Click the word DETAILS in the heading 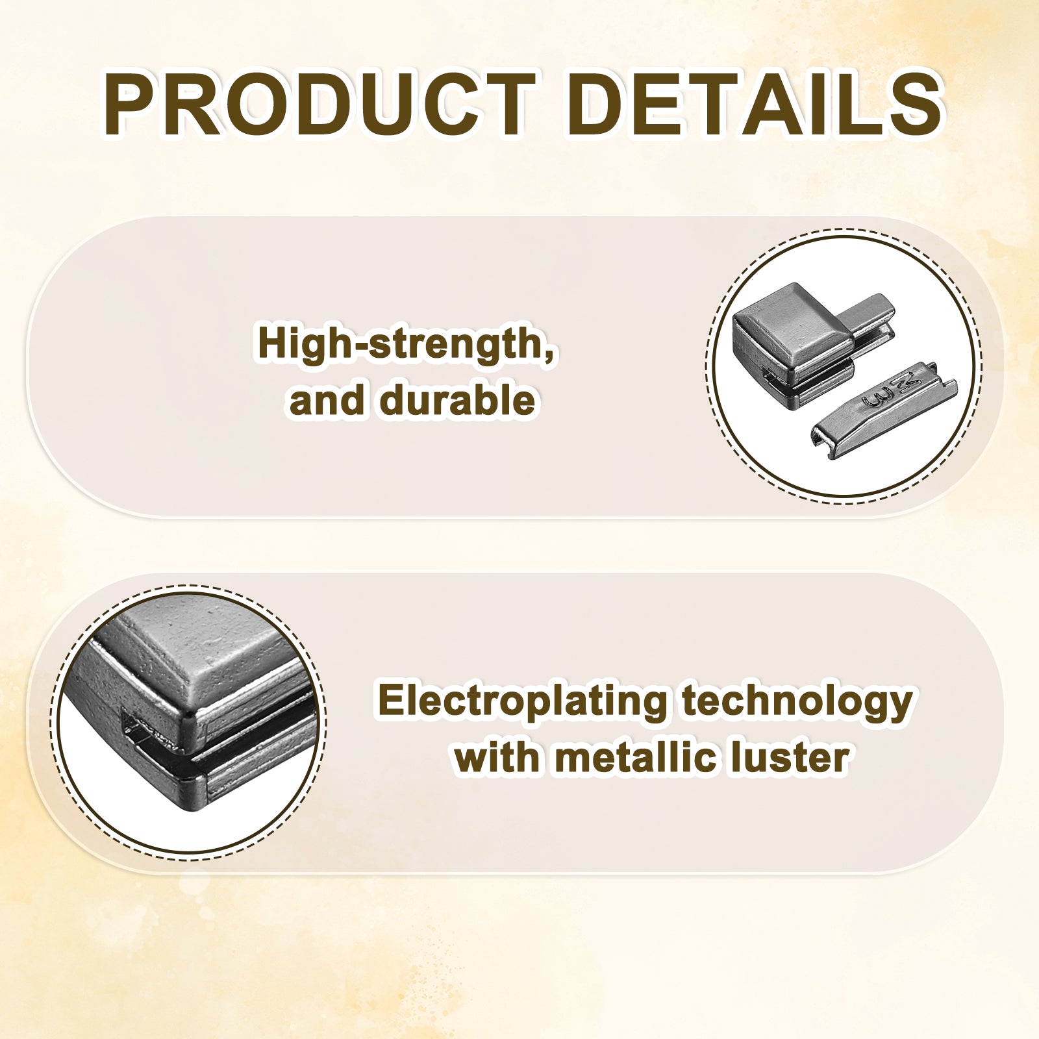tap(755, 105)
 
